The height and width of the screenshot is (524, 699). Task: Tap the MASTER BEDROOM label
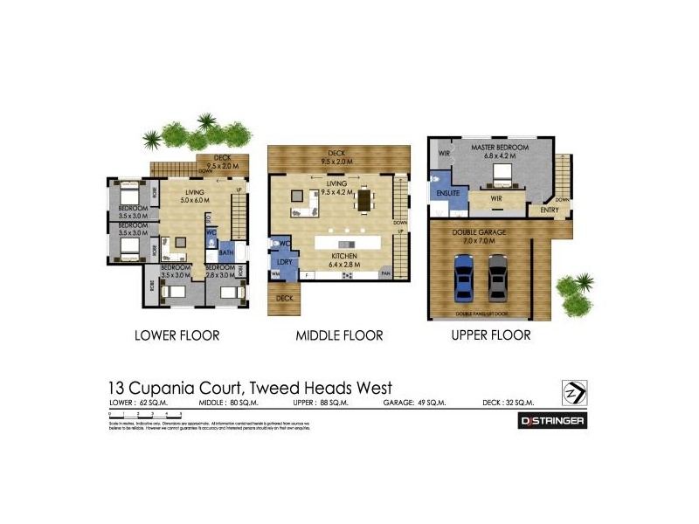coord(500,148)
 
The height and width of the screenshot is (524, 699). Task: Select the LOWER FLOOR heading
coord(176,334)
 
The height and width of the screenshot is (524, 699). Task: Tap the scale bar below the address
coord(145,413)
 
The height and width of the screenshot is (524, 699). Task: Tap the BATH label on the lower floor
coord(226,253)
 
